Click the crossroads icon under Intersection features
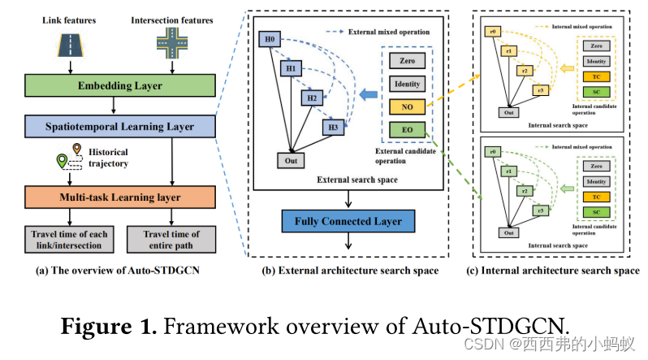click(171, 41)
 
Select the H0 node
click(269, 39)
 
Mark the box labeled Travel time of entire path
click(171, 241)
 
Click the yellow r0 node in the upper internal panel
click(492, 32)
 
